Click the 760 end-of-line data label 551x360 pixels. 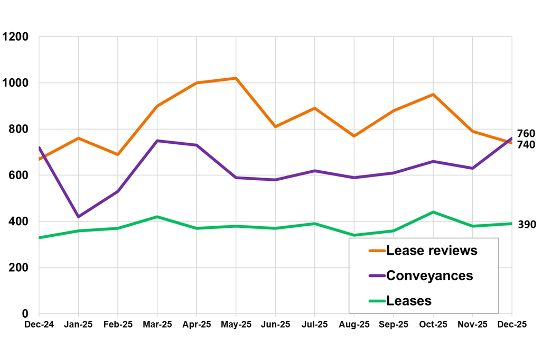coord(526,134)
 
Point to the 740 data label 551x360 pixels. coord(526,145)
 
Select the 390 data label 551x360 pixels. coord(527,225)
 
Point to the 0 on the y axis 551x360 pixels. coord(25,313)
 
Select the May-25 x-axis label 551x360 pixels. coord(236,324)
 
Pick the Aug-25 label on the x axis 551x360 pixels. coord(354,324)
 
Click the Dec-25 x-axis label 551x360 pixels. coord(511,324)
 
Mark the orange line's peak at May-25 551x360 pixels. coord(236,78)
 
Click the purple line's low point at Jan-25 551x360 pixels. coord(78,217)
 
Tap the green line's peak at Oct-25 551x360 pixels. coord(433,212)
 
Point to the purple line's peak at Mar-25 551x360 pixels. coord(157,141)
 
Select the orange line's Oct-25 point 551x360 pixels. coord(433,95)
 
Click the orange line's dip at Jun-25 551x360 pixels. coord(275,127)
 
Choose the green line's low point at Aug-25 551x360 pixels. coord(354,235)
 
